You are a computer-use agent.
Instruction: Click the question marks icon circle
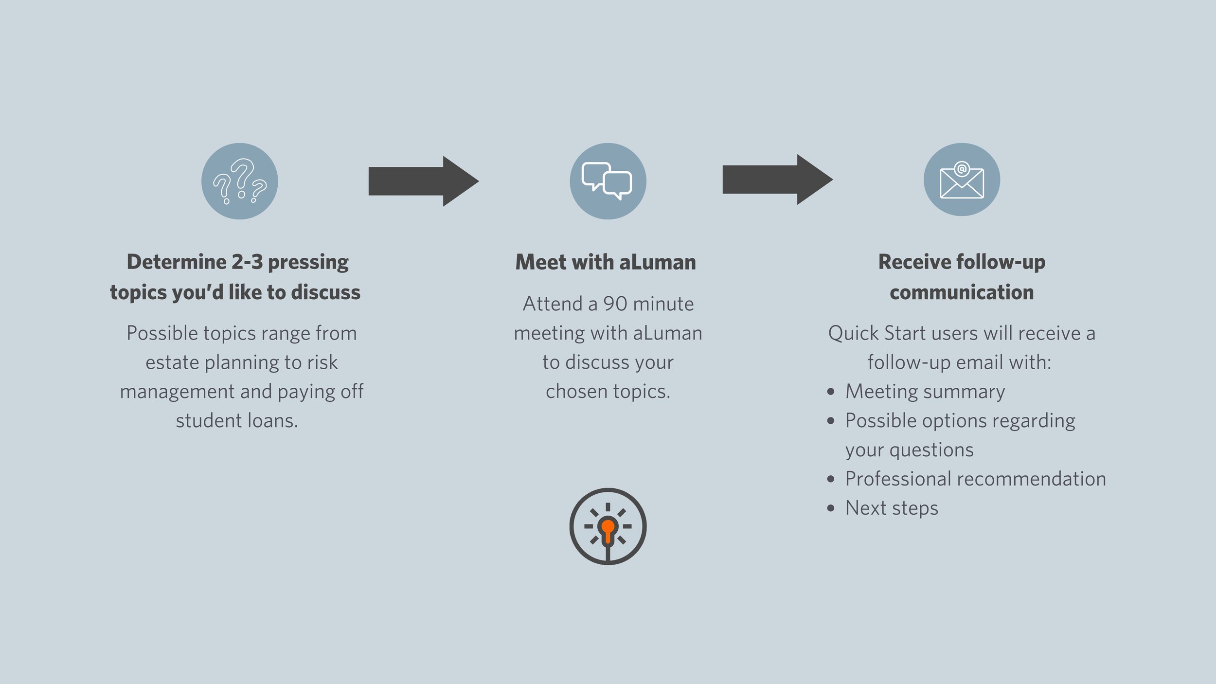[239, 181]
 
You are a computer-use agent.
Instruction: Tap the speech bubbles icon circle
[608, 181]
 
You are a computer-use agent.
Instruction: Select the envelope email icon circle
[962, 180]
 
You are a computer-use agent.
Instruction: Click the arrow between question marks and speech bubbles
[423, 181]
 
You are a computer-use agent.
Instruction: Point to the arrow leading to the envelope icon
[777, 180]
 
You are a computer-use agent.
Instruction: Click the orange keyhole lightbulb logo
[608, 526]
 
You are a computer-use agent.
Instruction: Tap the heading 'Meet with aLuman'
[606, 262]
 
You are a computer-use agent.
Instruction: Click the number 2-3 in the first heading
[247, 262]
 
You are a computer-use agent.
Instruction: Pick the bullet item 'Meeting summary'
[925, 392]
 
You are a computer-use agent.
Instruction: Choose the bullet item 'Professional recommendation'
[975, 479]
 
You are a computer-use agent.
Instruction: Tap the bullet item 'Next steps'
[892, 508]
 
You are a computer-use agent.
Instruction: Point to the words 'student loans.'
[237, 421]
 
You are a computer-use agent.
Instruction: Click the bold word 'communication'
[962, 292]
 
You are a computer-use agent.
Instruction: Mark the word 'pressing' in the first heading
[308, 263]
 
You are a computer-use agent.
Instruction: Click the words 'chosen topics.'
[608, 392]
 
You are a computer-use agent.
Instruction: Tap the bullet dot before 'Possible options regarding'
[831, 421]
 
